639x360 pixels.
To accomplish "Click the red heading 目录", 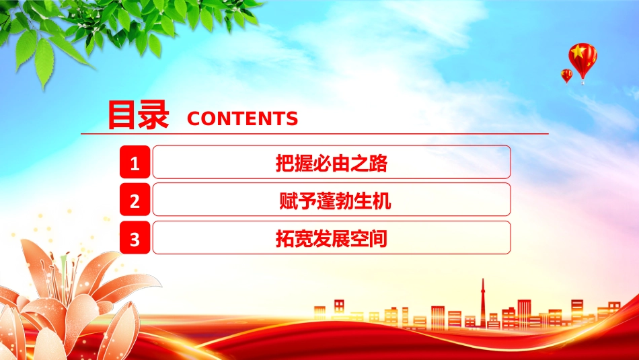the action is (138, 115).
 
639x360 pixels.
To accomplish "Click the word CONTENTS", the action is (242, 118).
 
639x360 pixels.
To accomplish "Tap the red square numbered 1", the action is (135, 162).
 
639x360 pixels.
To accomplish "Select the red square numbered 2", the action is (135, 199).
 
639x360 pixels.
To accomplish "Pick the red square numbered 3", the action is (135, 238).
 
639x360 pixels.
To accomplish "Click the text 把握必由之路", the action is (332, 163).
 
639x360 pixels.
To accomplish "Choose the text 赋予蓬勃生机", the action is (335, 201).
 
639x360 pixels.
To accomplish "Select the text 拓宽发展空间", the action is (332, 238).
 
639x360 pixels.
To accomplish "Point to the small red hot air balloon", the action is (566, 76).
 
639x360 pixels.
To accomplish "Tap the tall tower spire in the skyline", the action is (483, 301).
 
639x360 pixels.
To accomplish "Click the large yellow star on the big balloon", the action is (578, 52).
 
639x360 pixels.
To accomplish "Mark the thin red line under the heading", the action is (315, 133).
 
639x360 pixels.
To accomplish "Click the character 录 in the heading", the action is (153, 115).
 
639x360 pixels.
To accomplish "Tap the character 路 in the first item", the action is (378, 163).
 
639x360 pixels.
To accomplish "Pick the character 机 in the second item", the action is (382, 201).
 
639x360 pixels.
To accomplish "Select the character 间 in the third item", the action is (378, 238).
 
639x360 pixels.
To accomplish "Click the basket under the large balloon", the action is (583, 82).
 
